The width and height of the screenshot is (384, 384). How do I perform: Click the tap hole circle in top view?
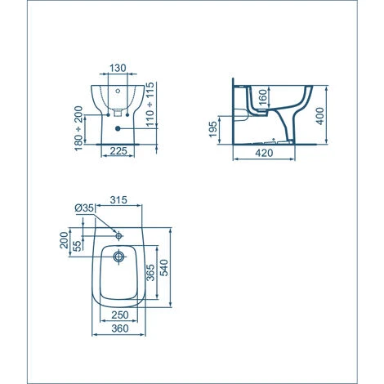pos(119,235)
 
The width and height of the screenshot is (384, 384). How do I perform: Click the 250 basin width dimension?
pos(119,315)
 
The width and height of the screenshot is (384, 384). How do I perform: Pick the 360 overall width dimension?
pos(119,329)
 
